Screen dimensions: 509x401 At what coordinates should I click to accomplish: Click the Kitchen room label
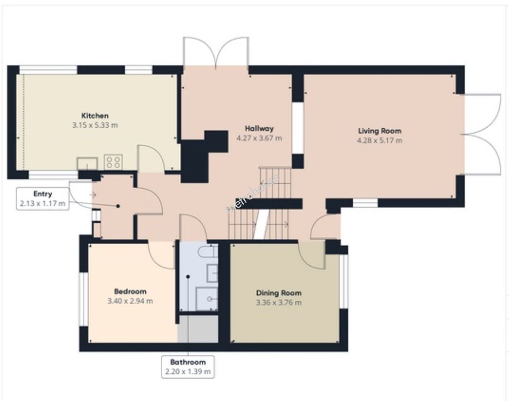pyautogui.click(x=95, y=116)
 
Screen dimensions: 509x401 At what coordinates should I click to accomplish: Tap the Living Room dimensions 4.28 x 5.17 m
pyautogui.click(x=379, y=140)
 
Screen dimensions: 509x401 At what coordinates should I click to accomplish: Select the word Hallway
pyautogui.click(x=259, y=129)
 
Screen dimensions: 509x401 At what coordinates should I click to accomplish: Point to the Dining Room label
pyautogui.click(x=278, y=293)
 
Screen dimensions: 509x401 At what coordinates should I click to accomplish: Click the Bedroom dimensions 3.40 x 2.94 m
pyautogui.click(x=130, y=301)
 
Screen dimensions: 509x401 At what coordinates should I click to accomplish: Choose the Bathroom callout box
pyautogui.click(x=188, y=367)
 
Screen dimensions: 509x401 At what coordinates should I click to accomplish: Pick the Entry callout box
pyautogui.click(x=43, y=199)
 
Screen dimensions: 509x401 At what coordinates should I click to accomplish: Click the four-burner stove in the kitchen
pyautogui.click(x=113, y=162)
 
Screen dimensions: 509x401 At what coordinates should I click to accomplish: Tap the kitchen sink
pyautogui.click(x=87, y=163)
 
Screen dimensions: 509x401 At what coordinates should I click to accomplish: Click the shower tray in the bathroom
pyautogui.click(x=207, y=299)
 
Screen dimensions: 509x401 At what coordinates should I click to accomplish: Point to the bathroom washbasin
pyautogui.click(x=212, y=274)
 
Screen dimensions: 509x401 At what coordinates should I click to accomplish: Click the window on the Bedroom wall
pyautogui.click(x=84, y=299)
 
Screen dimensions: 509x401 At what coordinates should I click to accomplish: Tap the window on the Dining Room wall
pyautogui.click(x=344, y=281)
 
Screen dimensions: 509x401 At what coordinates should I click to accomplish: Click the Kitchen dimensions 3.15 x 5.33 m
pyautogui.click(x=95, y=125)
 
